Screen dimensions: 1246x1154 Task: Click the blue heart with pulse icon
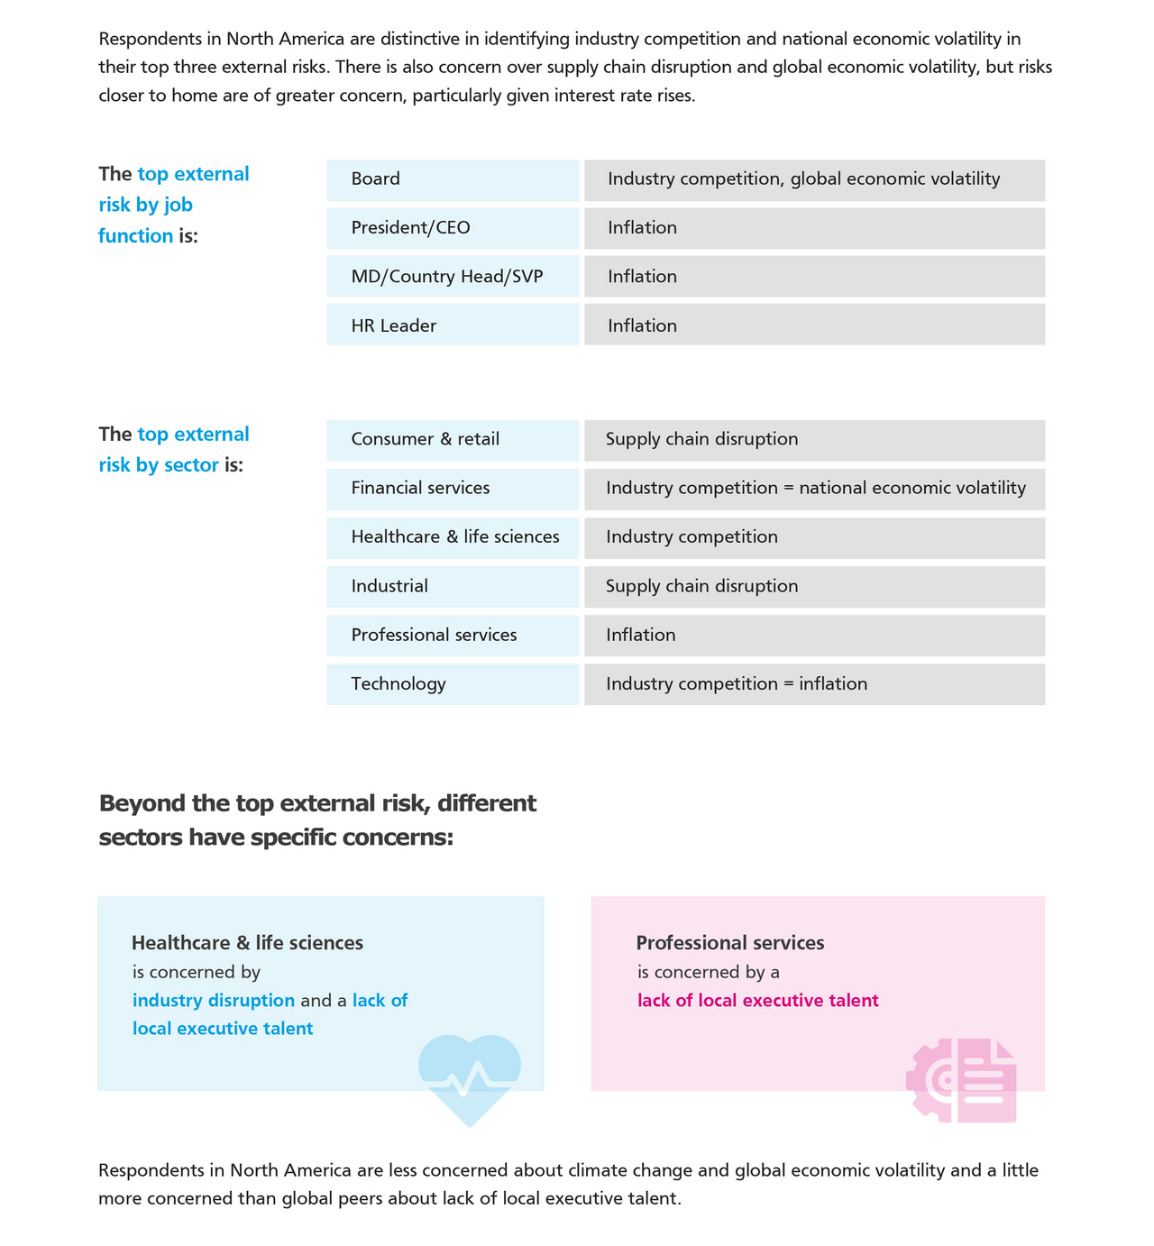pos(470,1078)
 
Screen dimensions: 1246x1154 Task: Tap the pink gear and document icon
pos(962,1080)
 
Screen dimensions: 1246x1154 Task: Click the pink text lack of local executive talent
pos(757,1001)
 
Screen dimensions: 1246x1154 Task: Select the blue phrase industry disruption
pos(214,1001)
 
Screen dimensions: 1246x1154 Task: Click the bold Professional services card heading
pos(730,943)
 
